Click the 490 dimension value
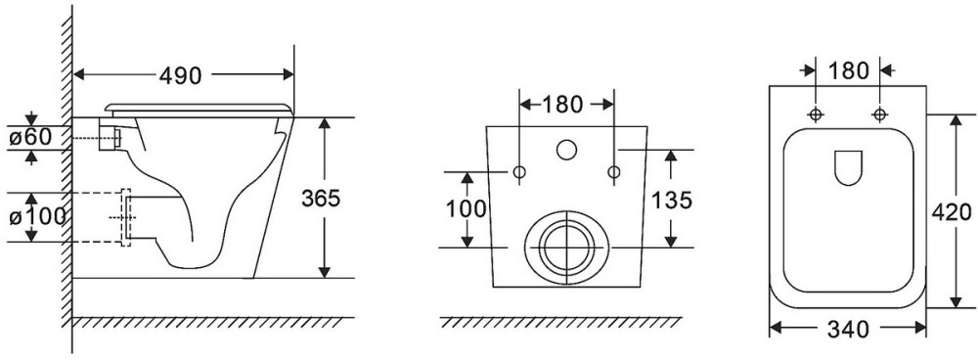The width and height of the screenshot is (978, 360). (x=180, y=75)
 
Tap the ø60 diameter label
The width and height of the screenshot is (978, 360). (x=30, y=137)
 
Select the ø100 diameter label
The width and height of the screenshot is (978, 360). (x=37, y=216)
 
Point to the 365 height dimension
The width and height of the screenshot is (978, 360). (x=321, y=198)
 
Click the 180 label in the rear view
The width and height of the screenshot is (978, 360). (x=562, y=105)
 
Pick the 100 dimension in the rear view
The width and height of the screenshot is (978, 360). (x=466, y=209)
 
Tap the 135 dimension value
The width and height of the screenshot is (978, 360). (x=672, y=201)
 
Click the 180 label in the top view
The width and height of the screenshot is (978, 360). (x=848, y=71)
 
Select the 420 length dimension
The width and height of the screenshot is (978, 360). (x=952, y=212)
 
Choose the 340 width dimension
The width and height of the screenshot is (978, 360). (x=848, y=329)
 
